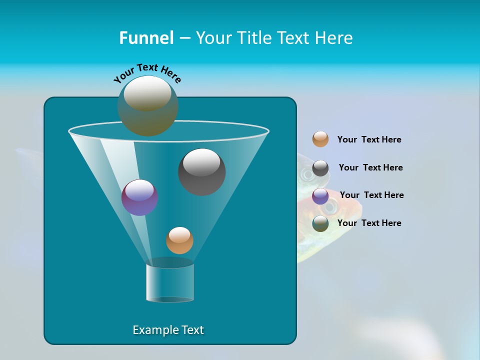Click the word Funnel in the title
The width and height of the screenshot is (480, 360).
[146, 38]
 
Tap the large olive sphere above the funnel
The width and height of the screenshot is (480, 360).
[148, 106]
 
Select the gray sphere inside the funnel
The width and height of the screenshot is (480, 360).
[202, 172]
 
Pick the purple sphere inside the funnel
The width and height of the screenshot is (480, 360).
[140, 198]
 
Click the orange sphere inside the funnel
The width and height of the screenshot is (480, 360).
[179, 240]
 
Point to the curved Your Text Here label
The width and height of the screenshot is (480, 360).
[147, 72]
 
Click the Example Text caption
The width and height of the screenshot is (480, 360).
[168, 330]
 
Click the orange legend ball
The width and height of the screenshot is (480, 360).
[320, 139]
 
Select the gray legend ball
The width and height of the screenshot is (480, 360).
[320, 168]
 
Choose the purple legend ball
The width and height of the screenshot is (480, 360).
[320, 196]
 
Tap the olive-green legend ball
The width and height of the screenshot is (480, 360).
[320, 223]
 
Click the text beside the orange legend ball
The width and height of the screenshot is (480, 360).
[369, 139]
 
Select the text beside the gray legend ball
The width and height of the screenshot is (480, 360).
[370, 167]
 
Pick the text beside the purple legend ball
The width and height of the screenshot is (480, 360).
[371, 195]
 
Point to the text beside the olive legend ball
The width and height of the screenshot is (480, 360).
[369, 223]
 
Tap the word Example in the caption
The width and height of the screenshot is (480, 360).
[154, 330]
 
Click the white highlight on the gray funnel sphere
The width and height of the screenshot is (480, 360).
[202, 162]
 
